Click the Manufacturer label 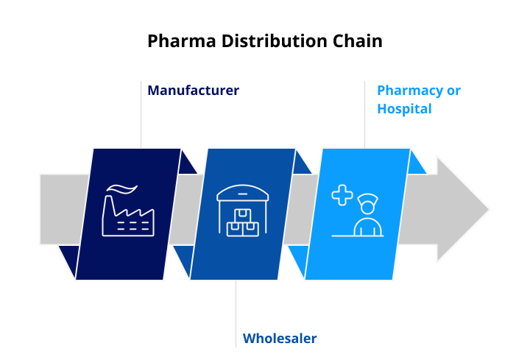click(x=193, y=91)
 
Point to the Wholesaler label click(x=280, y=339)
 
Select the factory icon click(x=129, y=214)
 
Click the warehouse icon click(x=244, y=210)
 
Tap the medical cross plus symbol click(x=342, y=195)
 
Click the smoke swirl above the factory click(x=123, y=190)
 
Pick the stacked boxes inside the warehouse click(x=244, y=222)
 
